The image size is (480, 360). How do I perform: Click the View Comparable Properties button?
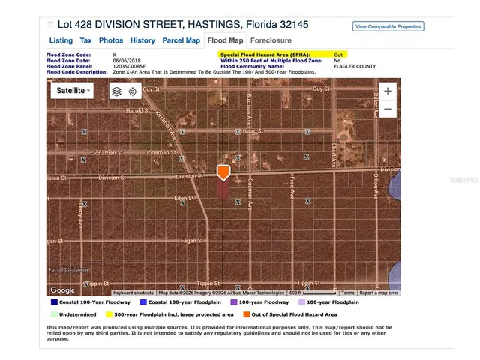click(x=388, y=26)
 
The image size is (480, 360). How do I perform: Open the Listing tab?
click(x=61, y=40)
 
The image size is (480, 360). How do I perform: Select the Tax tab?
click(x=85, y=40)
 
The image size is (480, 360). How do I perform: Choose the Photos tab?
click(x=111, y=40)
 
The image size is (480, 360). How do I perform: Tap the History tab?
click(x=142, y=40)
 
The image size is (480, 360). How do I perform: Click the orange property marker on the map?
click(x=223, y=172)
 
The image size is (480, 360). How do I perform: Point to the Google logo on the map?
click(x=63, y=289)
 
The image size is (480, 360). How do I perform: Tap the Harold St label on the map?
click(x=139, y=110)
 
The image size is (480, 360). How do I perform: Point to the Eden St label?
click(x=184, y=198)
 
